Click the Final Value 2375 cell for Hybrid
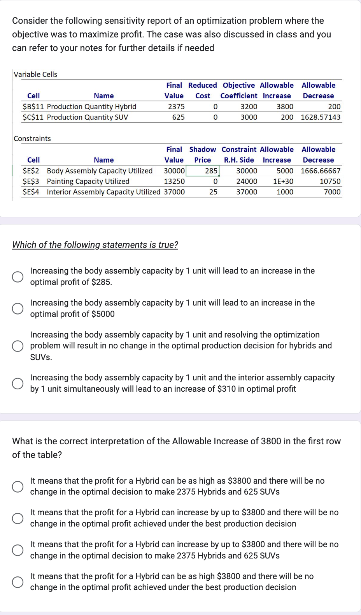point(176,106)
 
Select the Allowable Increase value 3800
point(285,106)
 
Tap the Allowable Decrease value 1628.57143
point(320,117)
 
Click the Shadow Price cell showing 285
point(211,171)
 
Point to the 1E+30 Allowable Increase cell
point(283,181)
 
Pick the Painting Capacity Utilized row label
point(88,181)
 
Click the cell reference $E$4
point(31,192)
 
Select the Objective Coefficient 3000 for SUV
point(249,117)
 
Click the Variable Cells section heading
point(35,74)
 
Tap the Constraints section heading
point(32,138)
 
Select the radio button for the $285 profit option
point(18,277)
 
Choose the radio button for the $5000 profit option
point(18,309)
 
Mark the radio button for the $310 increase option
point(18,383)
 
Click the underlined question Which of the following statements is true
point(95,245)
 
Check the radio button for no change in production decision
point(18,346)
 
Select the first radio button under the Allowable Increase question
point(18,486)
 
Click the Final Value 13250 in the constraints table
point(174,181)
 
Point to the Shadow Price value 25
point(213,192)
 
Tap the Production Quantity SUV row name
point(87,117)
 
